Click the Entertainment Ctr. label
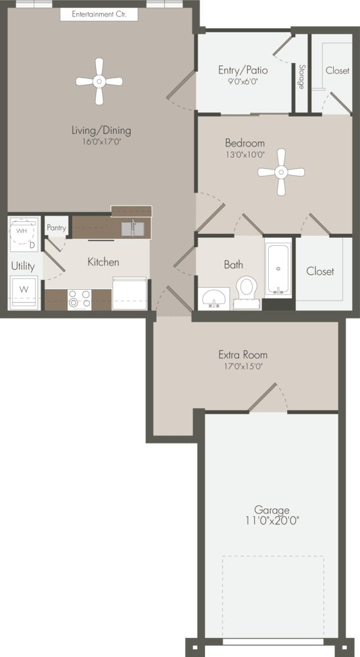click(x=99, y=14)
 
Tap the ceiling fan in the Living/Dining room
click(x=99, y=81)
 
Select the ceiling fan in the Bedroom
click(x=281, y=172)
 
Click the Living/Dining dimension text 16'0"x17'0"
click(x=101, y=141)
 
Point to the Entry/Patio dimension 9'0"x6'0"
click(x=242, y=82)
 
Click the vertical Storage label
click(x=301, y=77)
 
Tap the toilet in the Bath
click(x=246, y=289)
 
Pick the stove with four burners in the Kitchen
click(x=79, y=299)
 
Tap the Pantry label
click(x=57, y=227)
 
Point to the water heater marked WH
click(x=22, y=231)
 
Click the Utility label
click(x=22, y=266)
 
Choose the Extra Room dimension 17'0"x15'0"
click(x=242, y=367)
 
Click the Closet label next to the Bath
click(x=320, y=271)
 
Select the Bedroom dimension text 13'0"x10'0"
click(x=244, y=155)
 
